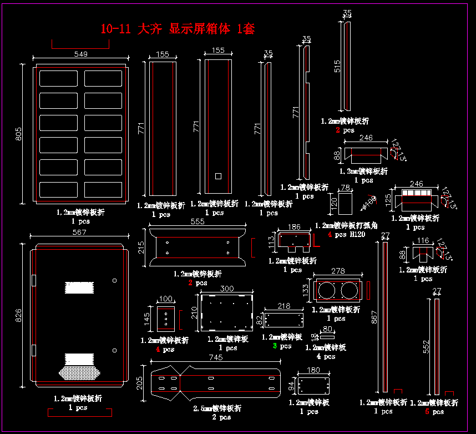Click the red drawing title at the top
pos(178,29)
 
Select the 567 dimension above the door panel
pos(79,233)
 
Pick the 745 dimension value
pos(216,358)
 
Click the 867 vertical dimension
pos(374,316)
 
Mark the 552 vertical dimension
pos(427,346)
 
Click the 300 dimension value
pos(227,289)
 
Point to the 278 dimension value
pos(337,271)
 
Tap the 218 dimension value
pos(283,306)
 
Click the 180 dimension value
pos(314,370)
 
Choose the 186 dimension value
pos(294,227)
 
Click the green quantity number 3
pos(275,346)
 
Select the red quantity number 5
pos(427,412)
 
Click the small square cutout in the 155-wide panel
pos(218,176)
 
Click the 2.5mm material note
pos(217,408)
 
